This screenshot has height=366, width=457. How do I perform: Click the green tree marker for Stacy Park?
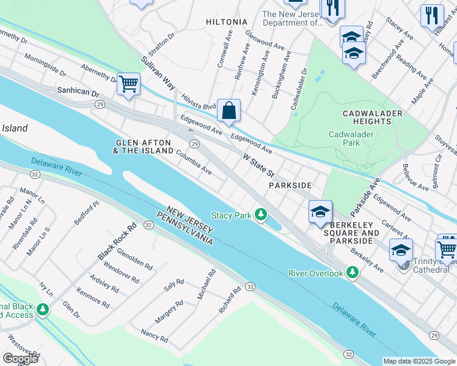click(x=261, y=214)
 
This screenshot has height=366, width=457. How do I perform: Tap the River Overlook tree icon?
click(x=352, y=273)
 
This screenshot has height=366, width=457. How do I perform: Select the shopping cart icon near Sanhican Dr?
click(x=128, y=85)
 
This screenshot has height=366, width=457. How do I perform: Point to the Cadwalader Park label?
click(x=353, y=138)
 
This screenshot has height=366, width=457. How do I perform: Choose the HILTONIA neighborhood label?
click(x=227, y=22)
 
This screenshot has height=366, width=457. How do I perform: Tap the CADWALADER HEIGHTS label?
click(x=372, y=118)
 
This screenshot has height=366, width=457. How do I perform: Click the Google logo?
click(x=20, y=359)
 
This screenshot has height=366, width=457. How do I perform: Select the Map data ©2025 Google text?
click(x=419, y=361)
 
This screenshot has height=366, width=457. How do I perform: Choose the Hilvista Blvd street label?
click(x=199, y=102)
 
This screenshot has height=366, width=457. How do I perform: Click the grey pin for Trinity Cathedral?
click(x=403, y=264)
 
